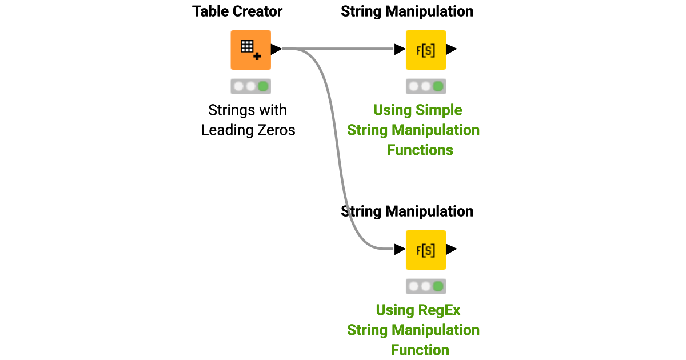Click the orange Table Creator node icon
250,50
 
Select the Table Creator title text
237,11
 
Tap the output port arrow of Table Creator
276,50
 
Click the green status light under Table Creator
263,86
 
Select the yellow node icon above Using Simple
425,50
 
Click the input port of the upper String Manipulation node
400,50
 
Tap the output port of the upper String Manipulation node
451,50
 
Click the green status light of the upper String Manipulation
438,86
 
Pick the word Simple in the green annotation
440,110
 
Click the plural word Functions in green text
420,150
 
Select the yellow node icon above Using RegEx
425,250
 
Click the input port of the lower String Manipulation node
400,250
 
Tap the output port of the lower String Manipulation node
451,250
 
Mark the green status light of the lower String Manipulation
438,286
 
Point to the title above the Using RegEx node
407,211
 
